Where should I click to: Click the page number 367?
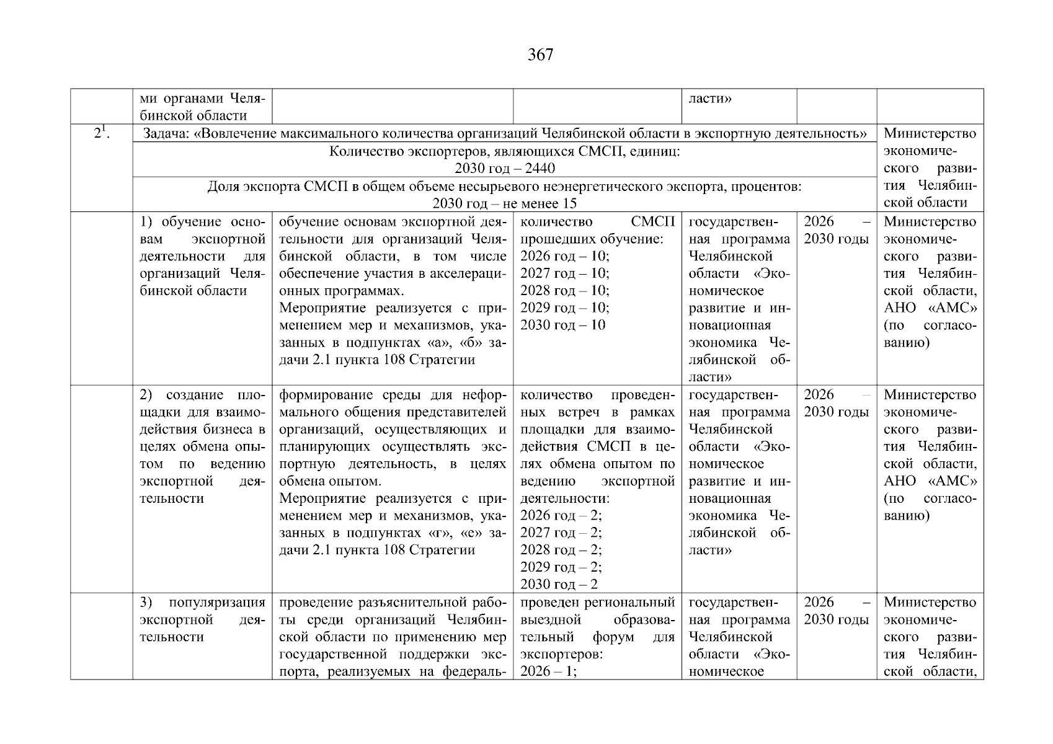[540, 55]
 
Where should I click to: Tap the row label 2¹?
[102, 133]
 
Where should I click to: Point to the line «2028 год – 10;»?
[564, 291]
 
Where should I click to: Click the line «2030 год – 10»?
[562, 325]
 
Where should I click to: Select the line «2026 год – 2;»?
[561, 516]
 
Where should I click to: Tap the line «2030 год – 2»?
[559, 585]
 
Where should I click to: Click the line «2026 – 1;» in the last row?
[548, 671]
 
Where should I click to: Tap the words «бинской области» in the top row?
[193, 116]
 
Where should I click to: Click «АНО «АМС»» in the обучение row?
[930, 308]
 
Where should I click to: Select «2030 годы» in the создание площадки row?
[836, 412]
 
